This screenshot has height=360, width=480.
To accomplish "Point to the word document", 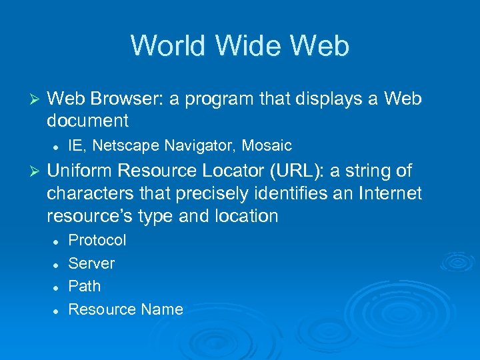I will (x=87, y=121).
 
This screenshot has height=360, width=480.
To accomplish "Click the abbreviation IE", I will (x=75, y=145).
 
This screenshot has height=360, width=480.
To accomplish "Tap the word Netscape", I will (x=122, y=145).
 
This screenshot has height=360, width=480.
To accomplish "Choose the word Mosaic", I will (x=267, y=145).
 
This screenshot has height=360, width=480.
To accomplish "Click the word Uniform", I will (x=79, y=171).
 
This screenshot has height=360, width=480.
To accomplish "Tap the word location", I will (x=245, y=216).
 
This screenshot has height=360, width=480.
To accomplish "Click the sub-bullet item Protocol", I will (x=97, y=240).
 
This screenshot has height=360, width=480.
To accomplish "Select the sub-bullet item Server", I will (x=91, y=263).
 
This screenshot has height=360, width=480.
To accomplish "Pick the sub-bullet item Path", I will (x=85, y=286).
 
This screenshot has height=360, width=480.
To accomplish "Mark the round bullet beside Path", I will (x=57, y=287).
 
